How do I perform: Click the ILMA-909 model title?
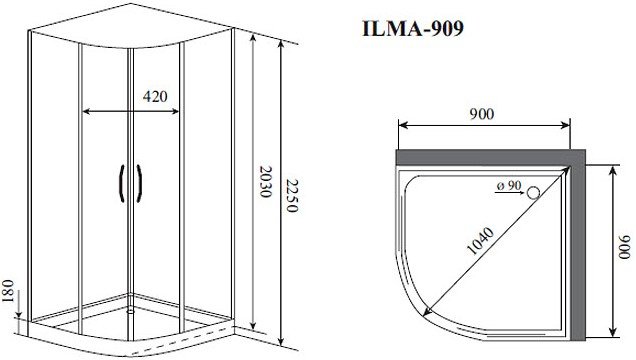pyautogui.click(x=413, y=29)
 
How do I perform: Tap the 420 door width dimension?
pyautogui.click(x=155, y=96)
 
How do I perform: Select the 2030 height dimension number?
pyautogui.click(x=265, y=182)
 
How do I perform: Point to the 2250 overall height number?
pyautogui.click(x=292, y=196)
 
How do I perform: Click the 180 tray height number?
pyautogui.click(x=8, y=291)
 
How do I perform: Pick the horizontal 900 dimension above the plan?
pyautogui.click(x=482, y=114)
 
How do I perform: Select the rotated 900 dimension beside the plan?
pyautogui.click(x=625, y=246)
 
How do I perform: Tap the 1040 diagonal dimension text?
pyautogui.click(x=481, y=241)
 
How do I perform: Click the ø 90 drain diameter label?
pyautogui.click(x=509, y=186)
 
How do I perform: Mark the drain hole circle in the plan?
pyautogui.click(x=533, y=193)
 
